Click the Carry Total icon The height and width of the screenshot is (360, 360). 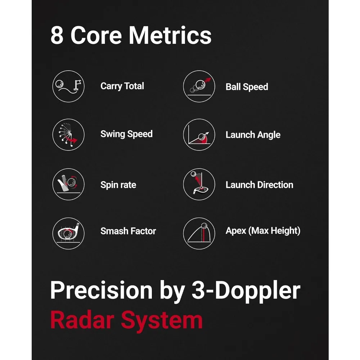[x=68, y=86]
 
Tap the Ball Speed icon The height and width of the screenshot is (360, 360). [x=199, y=86]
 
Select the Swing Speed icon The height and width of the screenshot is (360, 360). [x=68, y=135]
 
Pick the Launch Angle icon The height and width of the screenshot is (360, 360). [x=199, y=135]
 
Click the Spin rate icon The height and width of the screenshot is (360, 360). [x=68, y=184]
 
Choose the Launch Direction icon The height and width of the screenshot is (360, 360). [x=199, y=184]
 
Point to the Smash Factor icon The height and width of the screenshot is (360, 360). [x=68, y=231]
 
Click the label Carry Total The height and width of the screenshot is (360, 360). [x=122, y=86]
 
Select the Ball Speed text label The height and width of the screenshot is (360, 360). [x=247, y=87]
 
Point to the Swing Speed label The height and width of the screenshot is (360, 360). [x=126, y=134]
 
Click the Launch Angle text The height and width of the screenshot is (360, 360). [x=253, y=135]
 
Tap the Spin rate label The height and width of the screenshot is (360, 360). [x=118, y=185]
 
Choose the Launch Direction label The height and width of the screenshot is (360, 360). [x=259, y=185]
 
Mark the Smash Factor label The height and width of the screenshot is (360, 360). [x=128, y=231]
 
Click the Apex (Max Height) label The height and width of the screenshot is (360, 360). [x=263, y=231]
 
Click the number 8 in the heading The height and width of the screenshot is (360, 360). [x=57, y=36]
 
